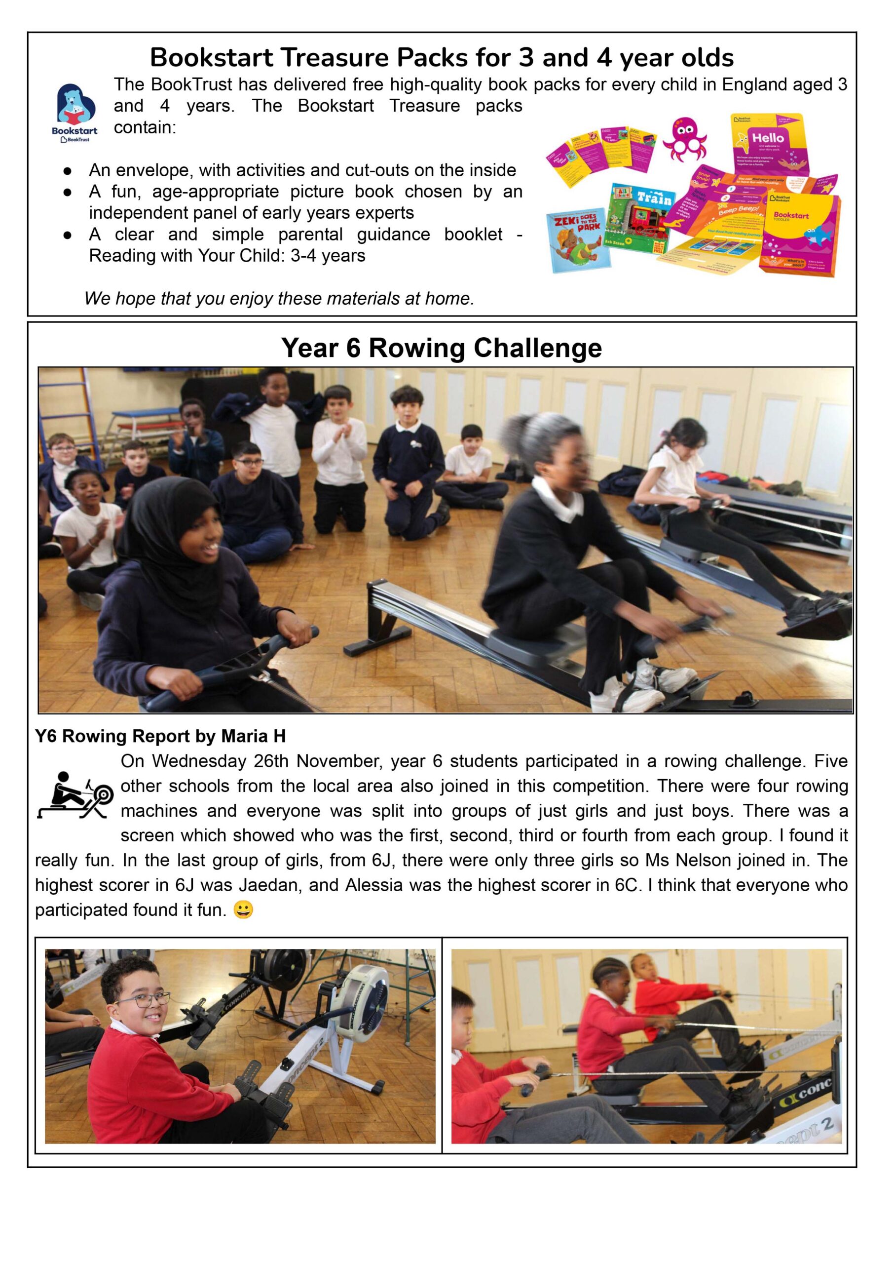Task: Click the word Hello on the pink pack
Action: [767, 138]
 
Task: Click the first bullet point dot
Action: [67, 171]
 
